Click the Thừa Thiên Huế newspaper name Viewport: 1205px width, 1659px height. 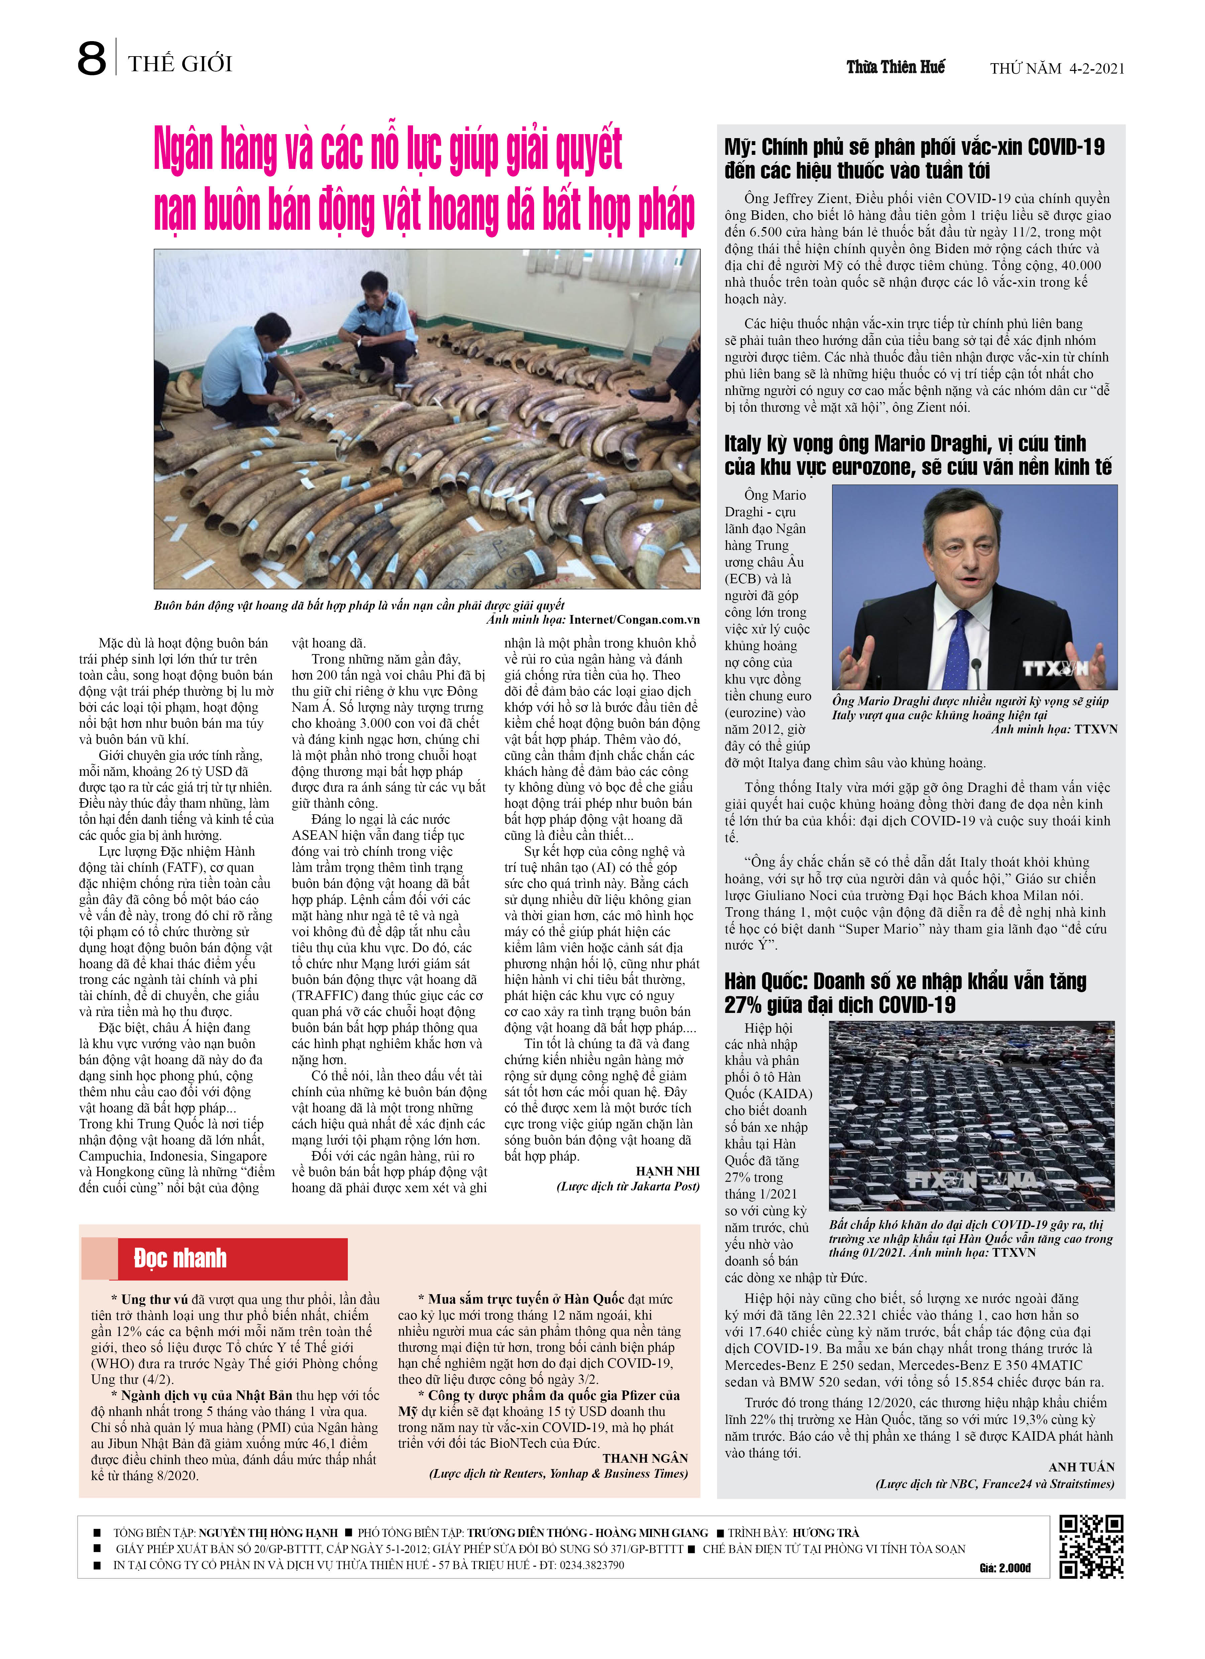click(x=896, y=67)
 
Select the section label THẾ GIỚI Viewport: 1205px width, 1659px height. click(x=180, y=64)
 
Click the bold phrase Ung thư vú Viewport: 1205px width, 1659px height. click(x=155, y=1299)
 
